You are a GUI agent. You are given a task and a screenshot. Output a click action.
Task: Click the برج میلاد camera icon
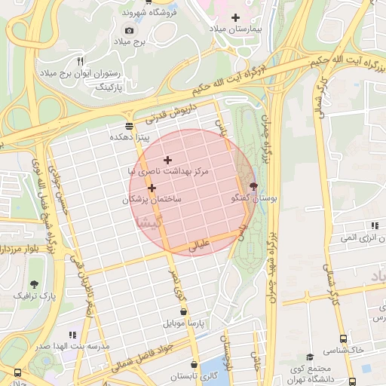129,30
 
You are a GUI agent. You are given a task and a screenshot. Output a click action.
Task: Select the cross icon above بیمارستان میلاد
235,17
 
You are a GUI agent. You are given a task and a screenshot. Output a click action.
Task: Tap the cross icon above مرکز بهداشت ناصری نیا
167,160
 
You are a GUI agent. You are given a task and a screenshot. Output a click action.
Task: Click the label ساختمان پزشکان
152,200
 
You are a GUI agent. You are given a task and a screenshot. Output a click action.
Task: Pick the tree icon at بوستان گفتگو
253,185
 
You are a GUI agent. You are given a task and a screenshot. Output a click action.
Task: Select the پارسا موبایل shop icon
183,311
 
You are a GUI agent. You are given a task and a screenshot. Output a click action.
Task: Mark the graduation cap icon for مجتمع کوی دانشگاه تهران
309,357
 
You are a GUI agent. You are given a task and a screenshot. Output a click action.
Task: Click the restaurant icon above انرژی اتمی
374,225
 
